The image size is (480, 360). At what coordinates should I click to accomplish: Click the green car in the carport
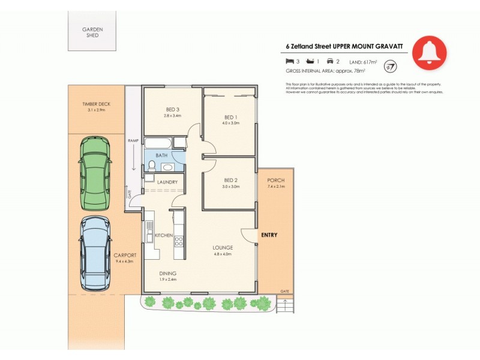[x=95, y=173]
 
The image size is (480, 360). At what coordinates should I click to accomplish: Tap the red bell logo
[x=429, y=53]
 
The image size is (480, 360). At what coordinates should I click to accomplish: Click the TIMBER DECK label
[x=97, y=104]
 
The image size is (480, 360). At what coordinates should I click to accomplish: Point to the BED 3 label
[x=173, y=109]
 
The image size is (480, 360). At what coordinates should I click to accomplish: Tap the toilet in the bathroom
[x=152, y=165]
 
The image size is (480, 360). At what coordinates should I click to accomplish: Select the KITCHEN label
[x=164, y=236]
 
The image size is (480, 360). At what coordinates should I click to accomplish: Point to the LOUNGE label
[x=223, y=247]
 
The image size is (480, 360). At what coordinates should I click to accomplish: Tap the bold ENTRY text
[x=269, y=235]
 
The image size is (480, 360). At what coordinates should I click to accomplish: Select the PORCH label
[x=276, y=181]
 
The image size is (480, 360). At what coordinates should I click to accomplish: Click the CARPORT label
[x=125, y=256]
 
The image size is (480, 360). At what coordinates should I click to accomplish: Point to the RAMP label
[x=133, y=140]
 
